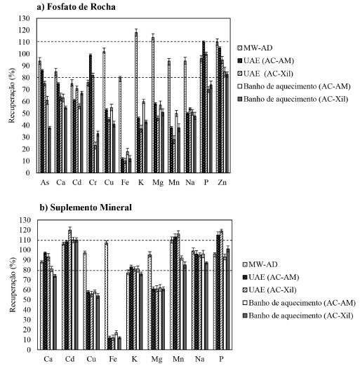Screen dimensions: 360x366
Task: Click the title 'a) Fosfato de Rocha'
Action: click(76, 7)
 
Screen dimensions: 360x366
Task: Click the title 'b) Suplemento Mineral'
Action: click(86, 208)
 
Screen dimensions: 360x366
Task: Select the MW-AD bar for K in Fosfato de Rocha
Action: click(136, 102)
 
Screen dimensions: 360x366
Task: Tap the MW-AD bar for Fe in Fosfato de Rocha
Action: click(120, 126)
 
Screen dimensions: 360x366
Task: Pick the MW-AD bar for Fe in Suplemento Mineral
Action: click(106, 296)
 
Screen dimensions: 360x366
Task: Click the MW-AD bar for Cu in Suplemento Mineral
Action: click(85, 301)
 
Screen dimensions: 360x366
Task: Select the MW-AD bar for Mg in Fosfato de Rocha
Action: click(153, 105)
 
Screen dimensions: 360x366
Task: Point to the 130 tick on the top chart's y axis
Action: click(24, 18)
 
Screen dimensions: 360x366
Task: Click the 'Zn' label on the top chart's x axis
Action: click(222, 182)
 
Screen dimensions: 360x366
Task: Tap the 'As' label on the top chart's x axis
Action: click(45, 182)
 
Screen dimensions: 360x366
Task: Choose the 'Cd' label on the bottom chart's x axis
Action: click(69, 359)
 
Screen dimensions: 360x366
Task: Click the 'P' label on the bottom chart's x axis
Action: click(221, 359)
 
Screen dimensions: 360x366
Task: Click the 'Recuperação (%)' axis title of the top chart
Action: click(12, 95)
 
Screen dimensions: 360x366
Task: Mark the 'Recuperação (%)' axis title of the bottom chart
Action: click(13, 285)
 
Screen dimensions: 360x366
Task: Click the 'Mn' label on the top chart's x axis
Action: click(174, 182)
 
